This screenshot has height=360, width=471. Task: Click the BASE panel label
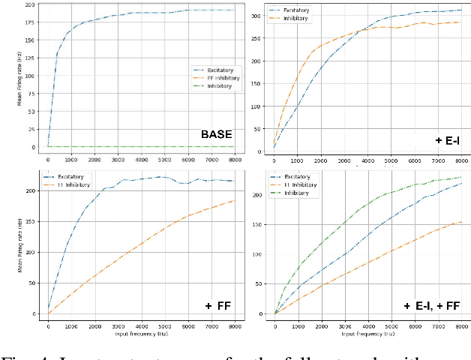point(216,135)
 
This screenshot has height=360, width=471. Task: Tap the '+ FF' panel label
point(217,305)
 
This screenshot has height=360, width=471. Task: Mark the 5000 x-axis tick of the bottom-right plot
point(390,327)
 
